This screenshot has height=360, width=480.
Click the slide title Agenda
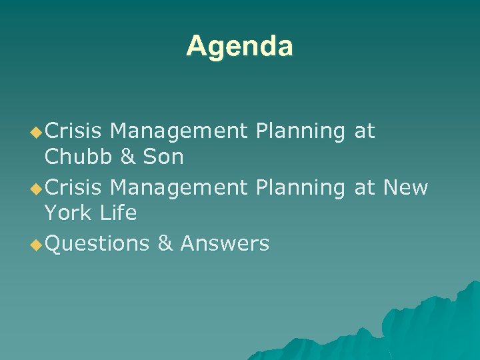tap(239, 46)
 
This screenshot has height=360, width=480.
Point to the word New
tap(405, 187)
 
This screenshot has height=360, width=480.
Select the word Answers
tap(224, 243)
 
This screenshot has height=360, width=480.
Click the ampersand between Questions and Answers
tap(165, 243)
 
